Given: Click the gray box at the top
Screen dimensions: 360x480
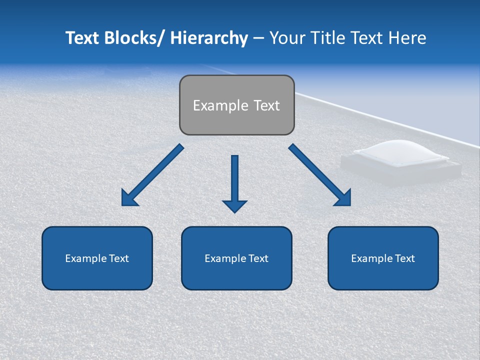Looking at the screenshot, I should coord(236,105).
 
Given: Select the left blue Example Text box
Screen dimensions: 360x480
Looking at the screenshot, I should coord(97,258).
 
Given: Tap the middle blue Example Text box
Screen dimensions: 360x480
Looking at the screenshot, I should coord(236,258).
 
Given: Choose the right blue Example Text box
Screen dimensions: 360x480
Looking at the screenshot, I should coord(383,258).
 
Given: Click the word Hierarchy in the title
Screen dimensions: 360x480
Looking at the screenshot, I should coord(209,38).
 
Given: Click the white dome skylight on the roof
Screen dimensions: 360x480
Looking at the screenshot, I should coord(401,152).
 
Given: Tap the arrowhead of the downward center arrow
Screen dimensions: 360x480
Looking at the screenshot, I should coord(235,205).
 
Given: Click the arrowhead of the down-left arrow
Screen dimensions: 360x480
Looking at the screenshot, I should coord(128,198).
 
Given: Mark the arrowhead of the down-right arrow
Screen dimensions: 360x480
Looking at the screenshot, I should coord(344,198).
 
